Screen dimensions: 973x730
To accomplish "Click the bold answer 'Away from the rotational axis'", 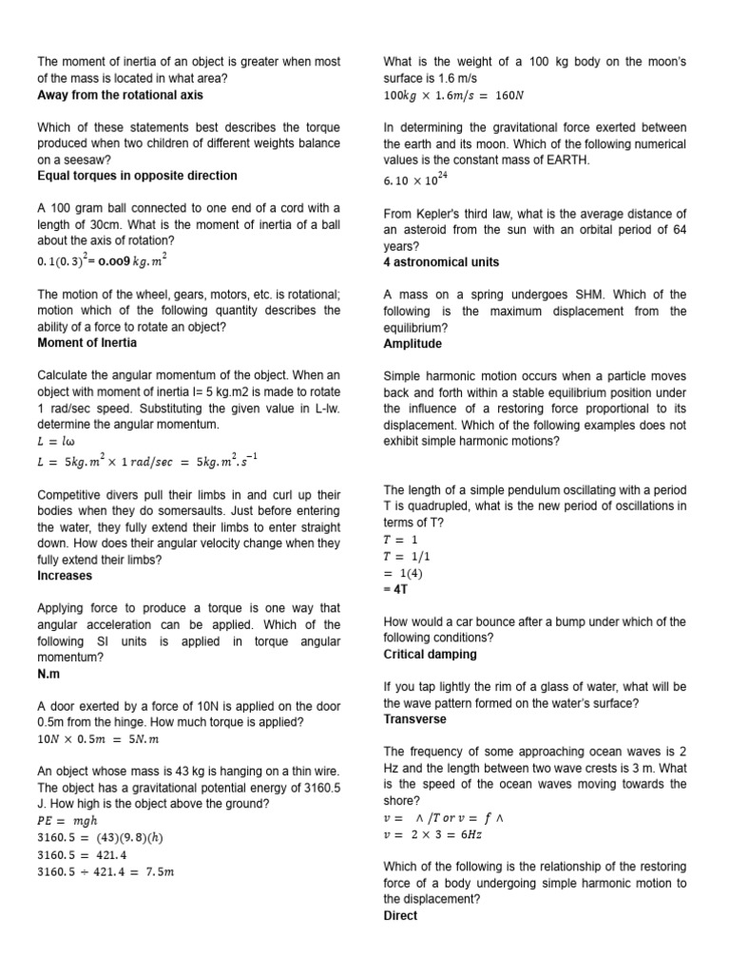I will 120,95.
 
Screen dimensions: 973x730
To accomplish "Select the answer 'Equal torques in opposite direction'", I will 137,176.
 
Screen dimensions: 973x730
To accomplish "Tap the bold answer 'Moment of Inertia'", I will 86,342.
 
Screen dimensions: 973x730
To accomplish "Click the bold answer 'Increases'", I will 65,576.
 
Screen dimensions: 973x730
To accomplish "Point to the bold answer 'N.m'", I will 49,674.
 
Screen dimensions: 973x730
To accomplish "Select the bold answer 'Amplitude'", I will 413,344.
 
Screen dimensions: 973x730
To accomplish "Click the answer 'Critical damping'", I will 430,655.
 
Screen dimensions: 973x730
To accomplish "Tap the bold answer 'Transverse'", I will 414,719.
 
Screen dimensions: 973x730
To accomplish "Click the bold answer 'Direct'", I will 400,916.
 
